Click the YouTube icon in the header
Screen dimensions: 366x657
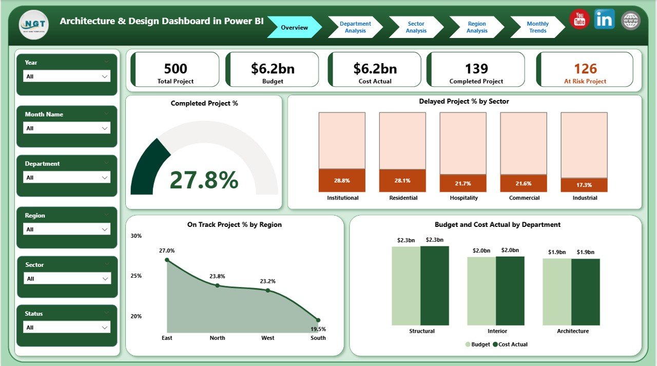(x=579, y=20)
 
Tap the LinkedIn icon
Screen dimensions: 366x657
(x=605, y=20)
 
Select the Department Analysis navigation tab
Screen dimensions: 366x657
(x=355, y=27)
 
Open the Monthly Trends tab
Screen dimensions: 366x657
(x=537, y=27)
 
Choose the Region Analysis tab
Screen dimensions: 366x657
(x=477, y=27)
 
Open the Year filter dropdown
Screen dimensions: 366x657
(x=67, y=76)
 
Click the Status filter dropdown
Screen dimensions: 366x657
(x=67, y=328)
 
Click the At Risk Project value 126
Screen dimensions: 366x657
(x=585, y=69)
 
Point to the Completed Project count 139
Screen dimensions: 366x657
(x=476, y=69)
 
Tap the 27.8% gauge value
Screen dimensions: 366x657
(x=204, y=180)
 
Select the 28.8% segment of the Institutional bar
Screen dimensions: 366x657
(x=342, y=180)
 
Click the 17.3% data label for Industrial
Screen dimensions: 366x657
(x=584, y=185)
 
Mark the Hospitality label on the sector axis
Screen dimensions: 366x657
(x=463, y=198)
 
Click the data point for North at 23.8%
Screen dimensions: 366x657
(x=217, y=285)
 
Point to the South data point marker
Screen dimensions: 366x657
(x=318, y=320)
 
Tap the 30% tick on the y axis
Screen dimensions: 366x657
(x=136, y=236)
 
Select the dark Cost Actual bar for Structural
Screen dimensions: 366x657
(x=435, y=285)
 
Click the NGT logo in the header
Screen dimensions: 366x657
(x=33, y=25)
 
